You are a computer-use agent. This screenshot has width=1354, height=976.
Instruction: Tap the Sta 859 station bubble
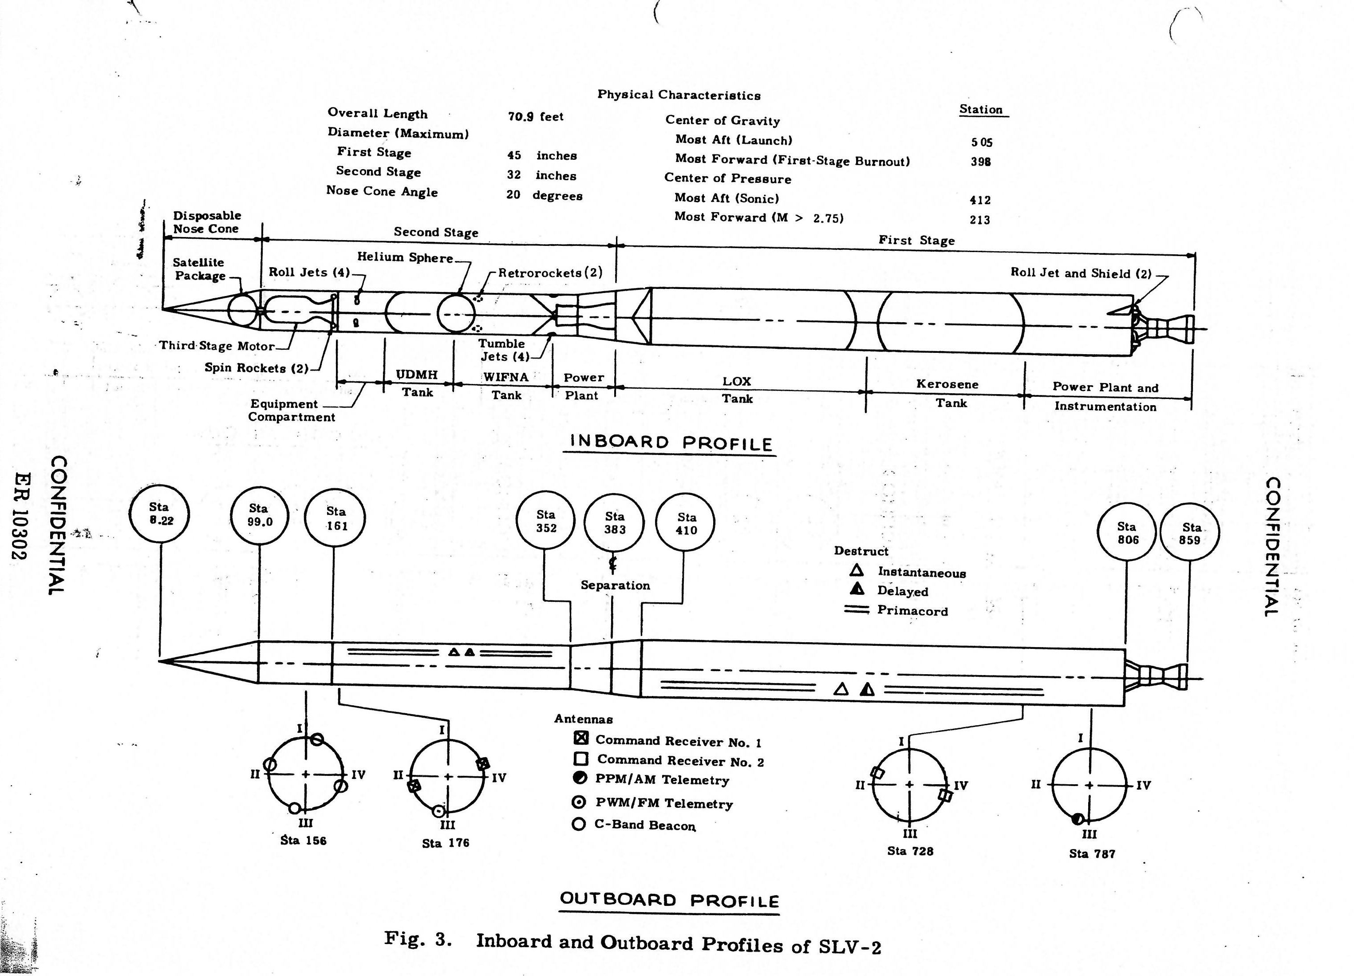pos(1190,533)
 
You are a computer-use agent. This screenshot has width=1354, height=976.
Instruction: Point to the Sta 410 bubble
pos(685,523)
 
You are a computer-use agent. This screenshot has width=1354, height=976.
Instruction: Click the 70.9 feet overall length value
pos(536,116)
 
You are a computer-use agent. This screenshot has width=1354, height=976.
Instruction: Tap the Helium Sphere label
pos(405,257)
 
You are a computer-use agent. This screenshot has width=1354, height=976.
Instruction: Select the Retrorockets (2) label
pos(550,273)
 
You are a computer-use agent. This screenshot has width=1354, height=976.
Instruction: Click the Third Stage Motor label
pos(217,346)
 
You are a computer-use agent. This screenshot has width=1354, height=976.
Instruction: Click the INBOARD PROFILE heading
pos(671,443)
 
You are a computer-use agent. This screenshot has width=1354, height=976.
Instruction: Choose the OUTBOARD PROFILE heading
pos(669,900)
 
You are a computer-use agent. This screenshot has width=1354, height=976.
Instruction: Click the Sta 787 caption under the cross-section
pos(1092,854)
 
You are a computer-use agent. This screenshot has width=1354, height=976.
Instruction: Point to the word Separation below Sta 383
pos(615,585)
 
